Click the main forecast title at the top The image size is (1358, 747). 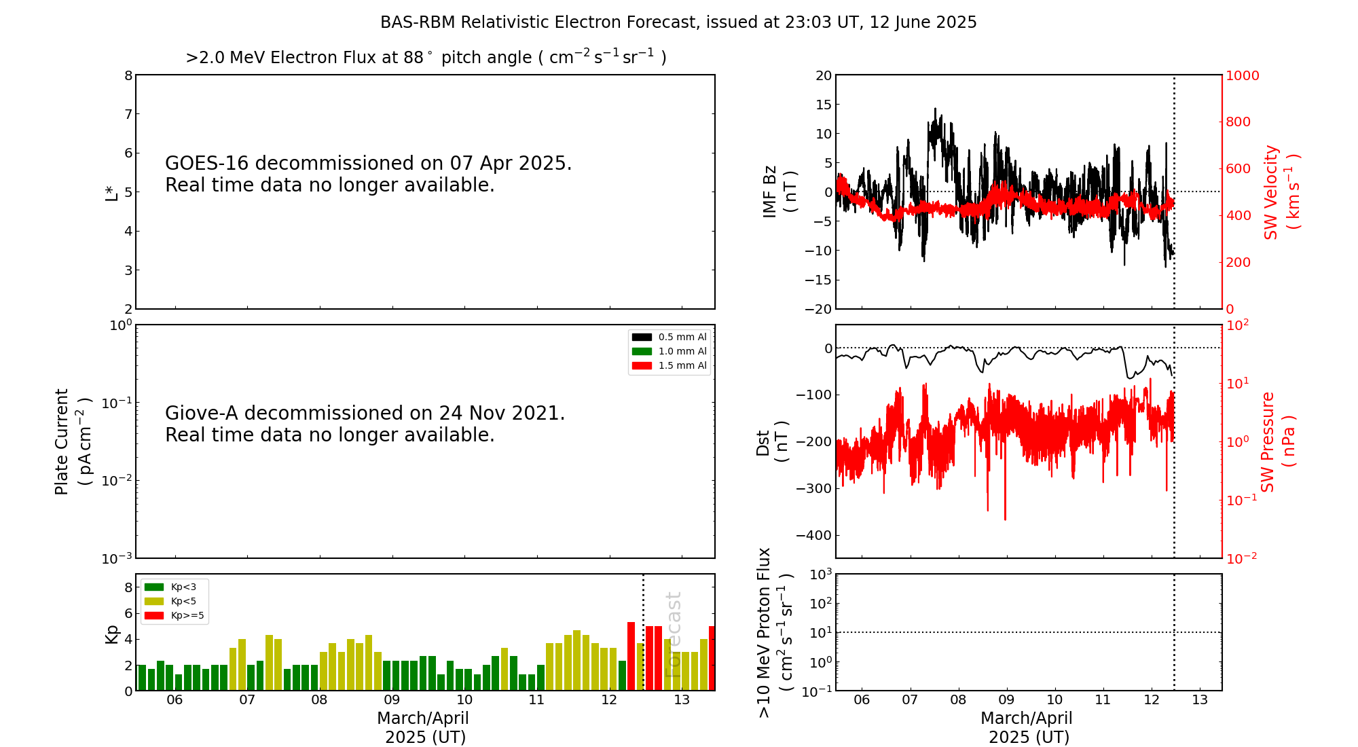pos(678,22)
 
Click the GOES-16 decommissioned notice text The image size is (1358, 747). pos(368,174)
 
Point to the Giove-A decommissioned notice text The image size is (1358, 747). pos(365,424)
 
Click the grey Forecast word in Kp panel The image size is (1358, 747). pos(673,634)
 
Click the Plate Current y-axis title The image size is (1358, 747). pos(71,441)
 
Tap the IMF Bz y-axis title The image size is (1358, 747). pos(779,192)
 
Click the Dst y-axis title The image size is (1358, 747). pos(772,441)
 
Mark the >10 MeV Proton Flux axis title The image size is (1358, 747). pos(775,632)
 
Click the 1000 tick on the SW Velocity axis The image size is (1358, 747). pos(1242,75)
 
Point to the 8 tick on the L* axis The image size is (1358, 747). pos(128,75)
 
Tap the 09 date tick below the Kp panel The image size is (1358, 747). pos(392,700)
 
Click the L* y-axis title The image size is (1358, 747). pos(111,192)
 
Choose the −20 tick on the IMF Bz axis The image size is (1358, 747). pos(818,309)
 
